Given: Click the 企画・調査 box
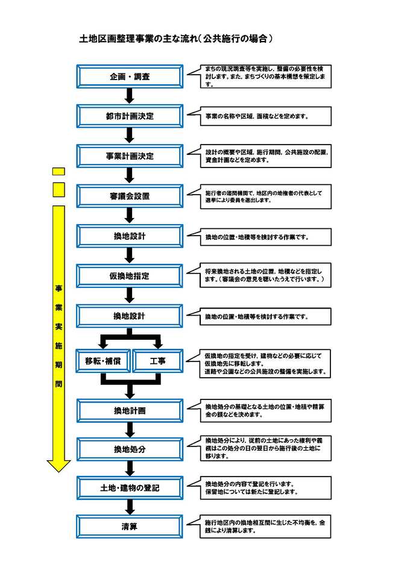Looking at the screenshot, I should (x=130, y=77).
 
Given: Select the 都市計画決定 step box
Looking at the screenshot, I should (x=130, y=116).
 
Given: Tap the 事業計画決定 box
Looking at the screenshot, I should (x=130, y=156).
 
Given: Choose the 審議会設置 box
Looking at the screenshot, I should (x=130, y=196).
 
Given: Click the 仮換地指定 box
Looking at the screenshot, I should (x=130, y=276).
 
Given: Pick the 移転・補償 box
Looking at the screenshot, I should (x=104, y=361).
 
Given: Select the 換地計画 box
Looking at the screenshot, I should (x=130, y=411).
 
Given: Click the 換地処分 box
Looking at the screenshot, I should (x=130, y=449).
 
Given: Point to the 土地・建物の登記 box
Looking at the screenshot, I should (x=130, y=487).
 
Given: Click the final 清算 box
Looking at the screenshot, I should (x=130, y=527).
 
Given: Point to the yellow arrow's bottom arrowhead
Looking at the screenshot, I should (x=58, y=466).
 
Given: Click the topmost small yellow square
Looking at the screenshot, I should (x=58, y=171).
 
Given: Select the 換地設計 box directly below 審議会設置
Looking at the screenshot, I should (x=130, y=236).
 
